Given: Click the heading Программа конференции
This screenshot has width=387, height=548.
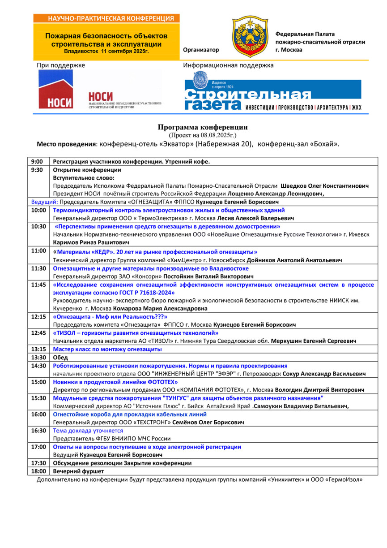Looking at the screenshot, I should point(202,127).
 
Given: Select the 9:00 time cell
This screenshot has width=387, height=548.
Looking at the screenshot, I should point(37,161).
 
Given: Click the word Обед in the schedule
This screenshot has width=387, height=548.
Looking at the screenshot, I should point(60,357).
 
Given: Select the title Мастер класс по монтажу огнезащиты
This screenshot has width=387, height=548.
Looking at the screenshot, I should point(107,349).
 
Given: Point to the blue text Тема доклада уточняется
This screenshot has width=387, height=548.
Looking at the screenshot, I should point(88,430).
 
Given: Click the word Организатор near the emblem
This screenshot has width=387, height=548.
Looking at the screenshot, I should point(201,50).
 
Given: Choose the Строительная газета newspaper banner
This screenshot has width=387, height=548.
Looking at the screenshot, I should point(272,95).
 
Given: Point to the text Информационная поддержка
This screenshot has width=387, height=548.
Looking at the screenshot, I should point(228,65).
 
